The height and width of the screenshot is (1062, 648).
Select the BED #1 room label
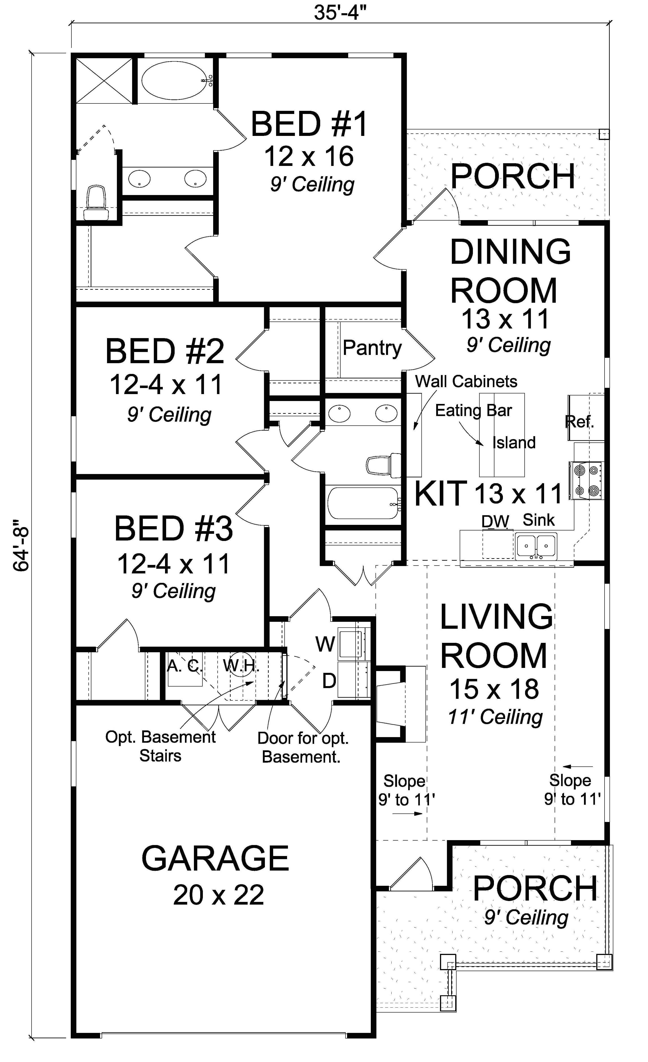point(309,124)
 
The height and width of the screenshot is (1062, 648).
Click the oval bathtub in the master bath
point(175,81)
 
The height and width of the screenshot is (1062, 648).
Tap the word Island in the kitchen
point(514,443)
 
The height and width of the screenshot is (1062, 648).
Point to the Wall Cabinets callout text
point(466,382)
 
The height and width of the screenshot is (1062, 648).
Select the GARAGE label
point(215,858)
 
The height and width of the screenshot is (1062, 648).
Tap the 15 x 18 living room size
point(494,689)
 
